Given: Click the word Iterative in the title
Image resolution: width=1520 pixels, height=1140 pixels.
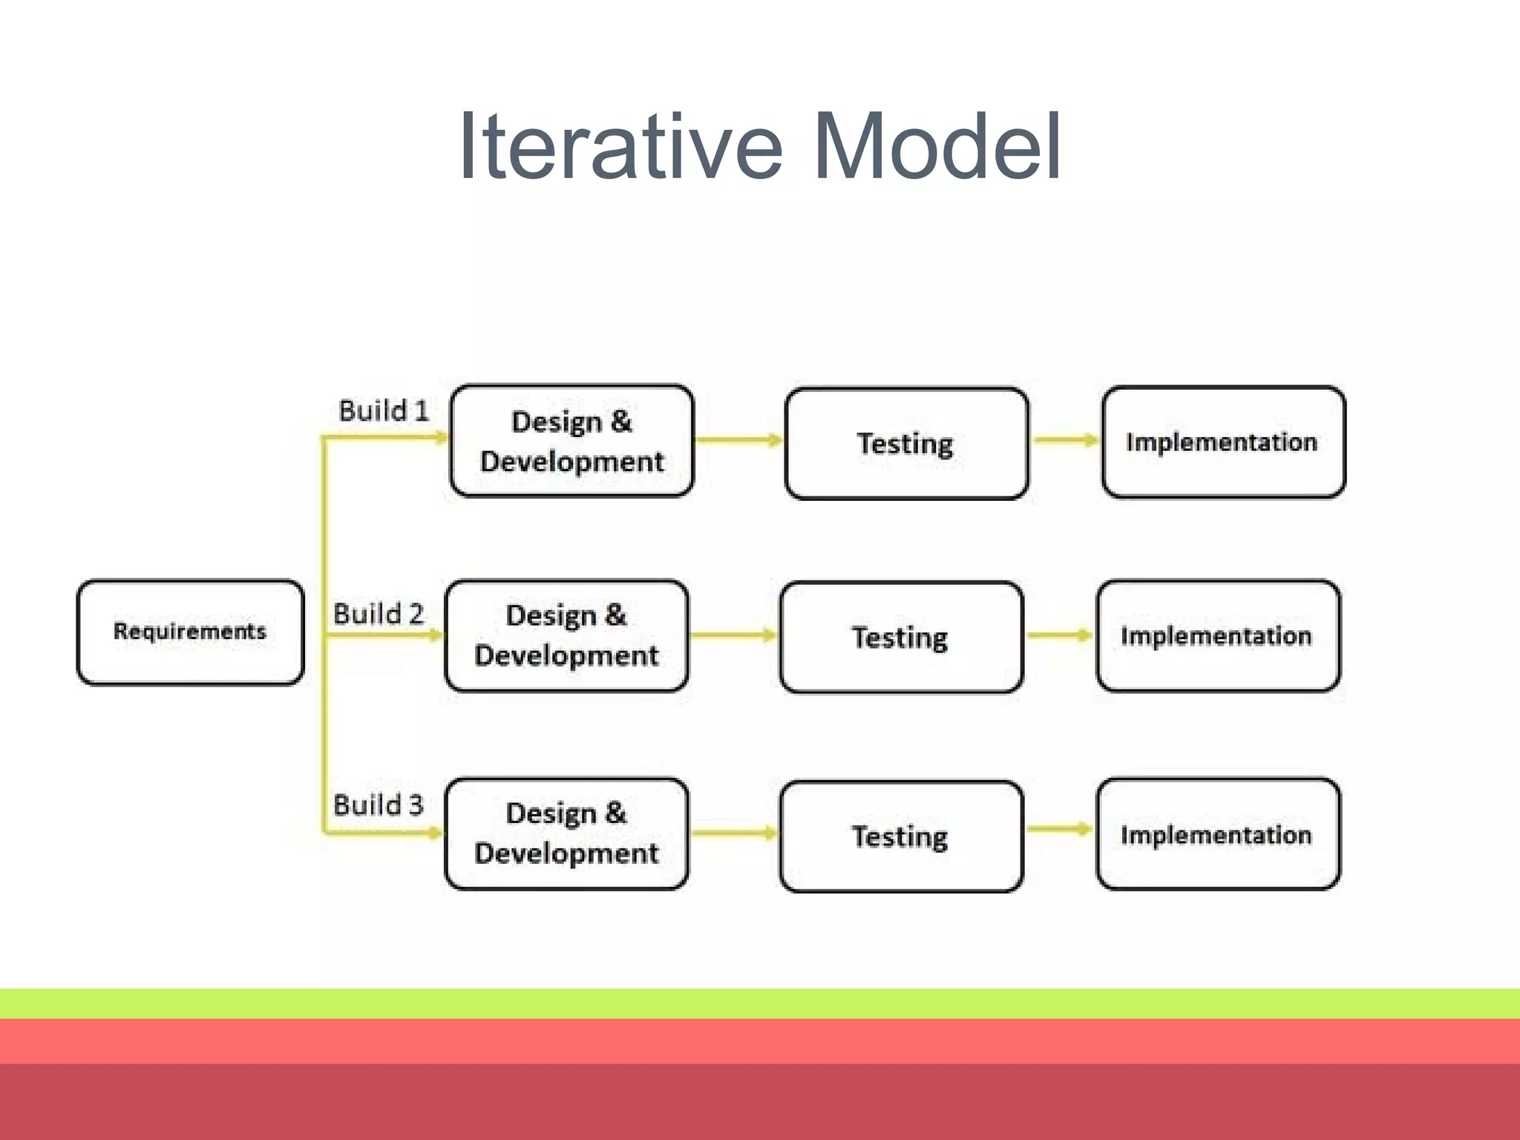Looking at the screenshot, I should [620, 146].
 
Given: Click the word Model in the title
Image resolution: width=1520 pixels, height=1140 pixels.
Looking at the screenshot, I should [937, 146].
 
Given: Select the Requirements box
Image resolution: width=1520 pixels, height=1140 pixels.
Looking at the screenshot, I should [190, 632].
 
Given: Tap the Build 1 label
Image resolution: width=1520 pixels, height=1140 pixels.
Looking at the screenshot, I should [384, 410].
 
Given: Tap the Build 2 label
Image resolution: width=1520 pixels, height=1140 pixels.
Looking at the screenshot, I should [378, 614].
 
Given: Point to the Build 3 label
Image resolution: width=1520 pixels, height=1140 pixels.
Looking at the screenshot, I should [378, 805].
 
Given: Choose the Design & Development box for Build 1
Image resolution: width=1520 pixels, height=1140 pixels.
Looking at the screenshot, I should [571, 441].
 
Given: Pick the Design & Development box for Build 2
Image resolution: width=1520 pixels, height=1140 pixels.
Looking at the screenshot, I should [566, 636].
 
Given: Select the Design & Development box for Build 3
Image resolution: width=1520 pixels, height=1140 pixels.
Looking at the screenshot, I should [566, 833].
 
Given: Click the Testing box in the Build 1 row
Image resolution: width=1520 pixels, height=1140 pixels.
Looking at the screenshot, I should [906, 444].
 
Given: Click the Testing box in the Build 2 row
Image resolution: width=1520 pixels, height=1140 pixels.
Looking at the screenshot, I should [901, 638].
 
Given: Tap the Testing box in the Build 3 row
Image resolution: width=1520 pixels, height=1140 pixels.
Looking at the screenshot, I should [901, 836].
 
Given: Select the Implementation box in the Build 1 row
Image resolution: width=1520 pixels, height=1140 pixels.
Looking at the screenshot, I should [1223, 442].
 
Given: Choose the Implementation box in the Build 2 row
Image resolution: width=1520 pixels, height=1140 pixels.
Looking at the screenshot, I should [1218, 636].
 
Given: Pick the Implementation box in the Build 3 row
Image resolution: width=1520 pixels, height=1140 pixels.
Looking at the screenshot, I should [1218, 834].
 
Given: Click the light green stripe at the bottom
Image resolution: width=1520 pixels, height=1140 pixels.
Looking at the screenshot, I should [760, 1003].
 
